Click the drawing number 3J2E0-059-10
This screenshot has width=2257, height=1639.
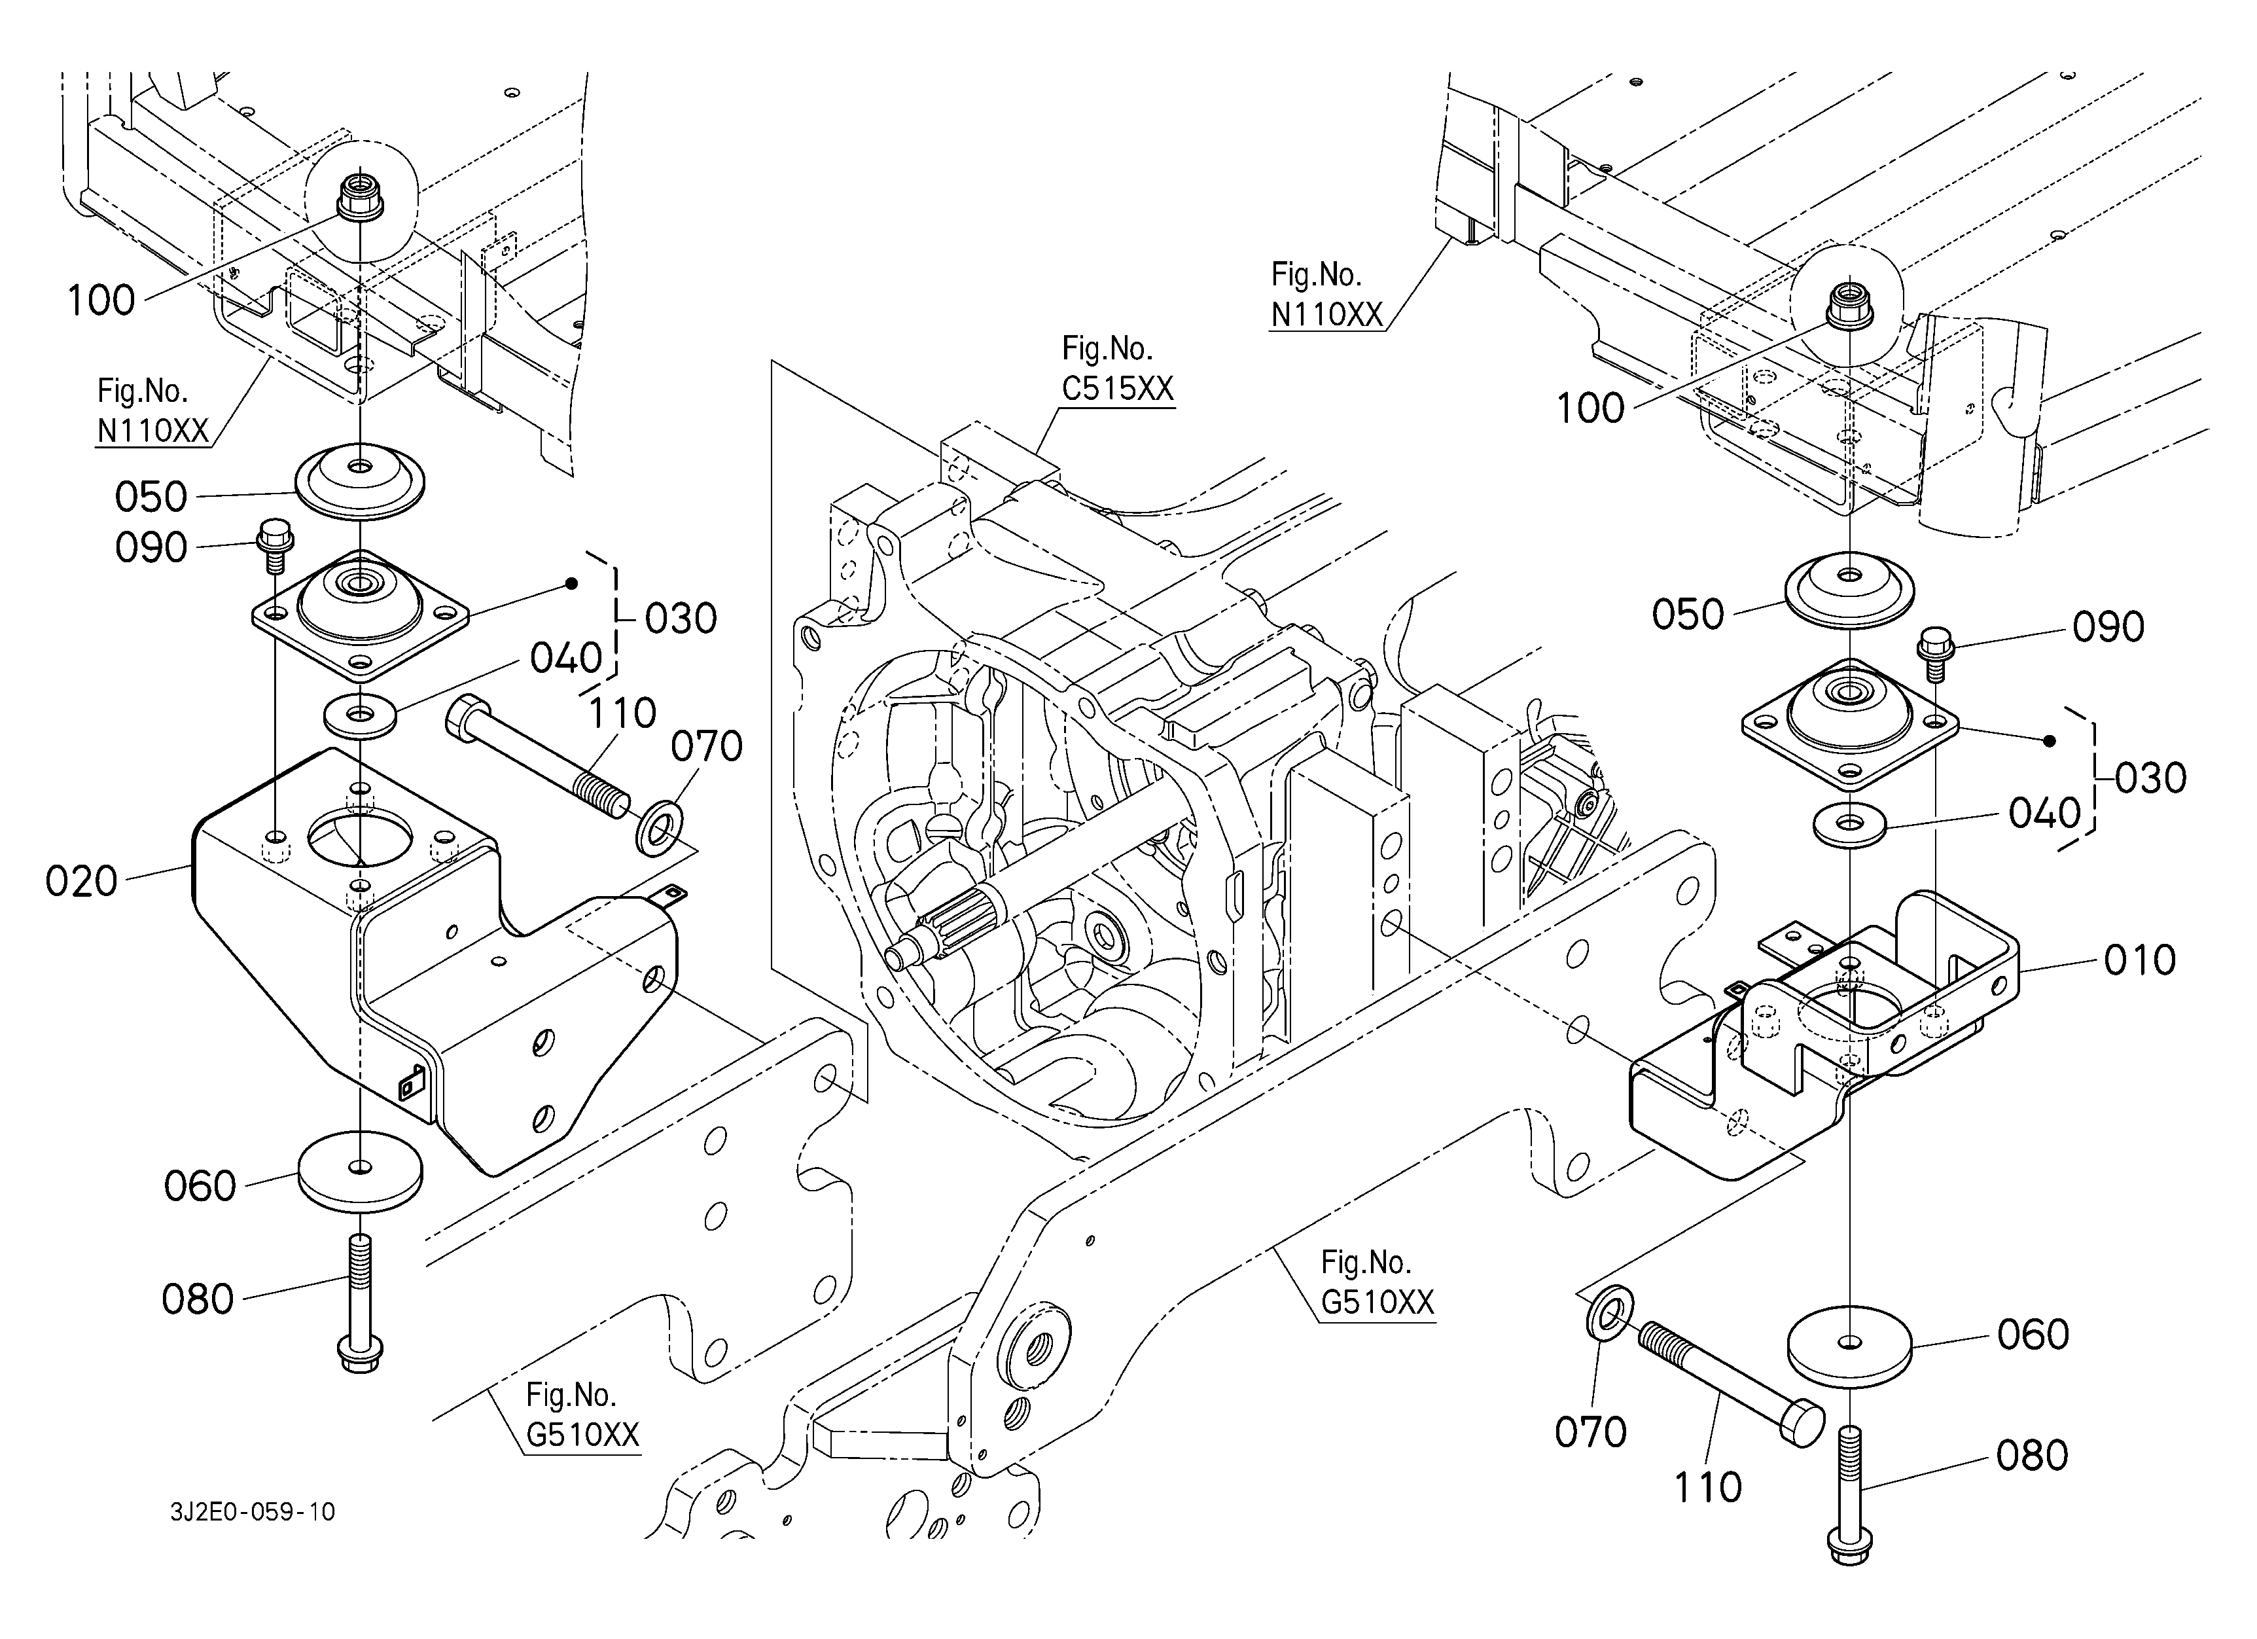coord(253,1513)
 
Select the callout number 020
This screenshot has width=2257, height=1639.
coord(82,881)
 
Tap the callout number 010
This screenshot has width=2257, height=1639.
coord(2140,960)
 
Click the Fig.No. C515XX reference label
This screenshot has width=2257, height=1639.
coord(1118,369)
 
